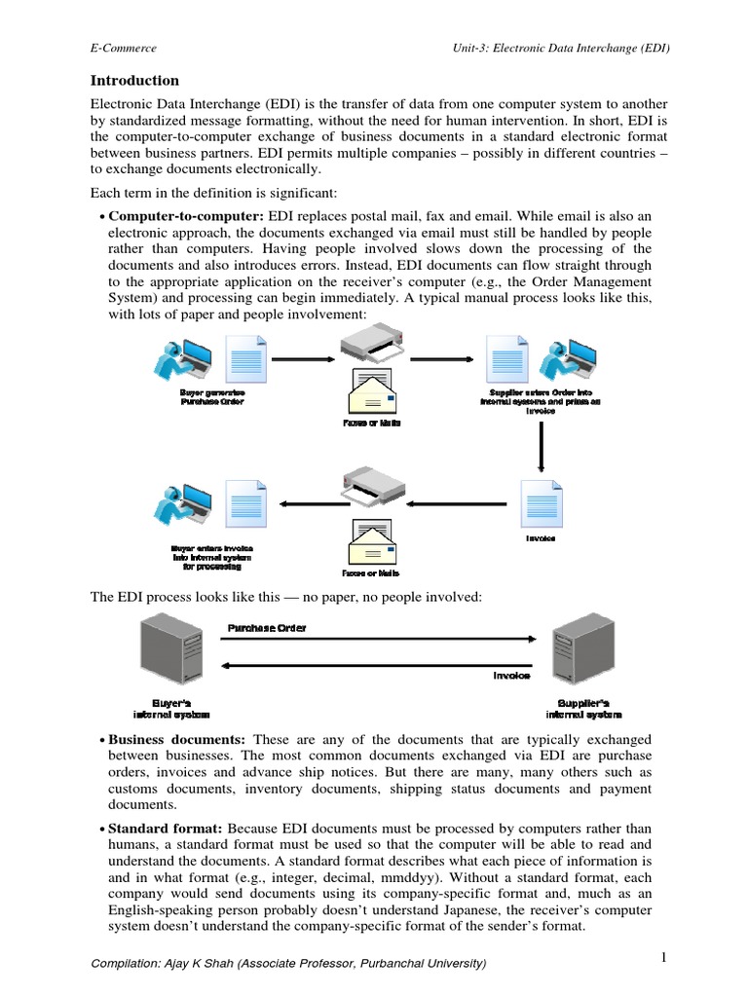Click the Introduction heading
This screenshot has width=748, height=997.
(x=134, y=81)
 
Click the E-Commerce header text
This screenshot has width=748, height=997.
(x=123, y=47)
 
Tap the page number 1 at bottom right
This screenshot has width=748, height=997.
(x=662, y=958)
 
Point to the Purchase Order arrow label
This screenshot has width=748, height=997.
(x=266, y=628)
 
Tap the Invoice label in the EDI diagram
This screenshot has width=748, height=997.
(x=510, y=674)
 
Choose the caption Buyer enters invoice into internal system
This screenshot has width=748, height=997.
(x=212, y=556)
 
